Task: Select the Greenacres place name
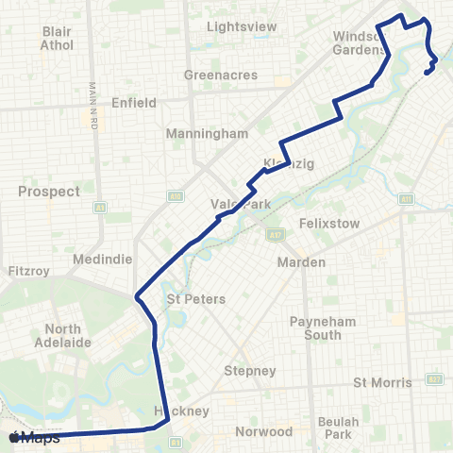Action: pos(214,75)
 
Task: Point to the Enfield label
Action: pos(132,102)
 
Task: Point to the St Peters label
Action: pos(196,299)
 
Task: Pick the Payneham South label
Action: pos(322,327)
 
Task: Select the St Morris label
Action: pos(382,382)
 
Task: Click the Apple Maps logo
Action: pos(34,438)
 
